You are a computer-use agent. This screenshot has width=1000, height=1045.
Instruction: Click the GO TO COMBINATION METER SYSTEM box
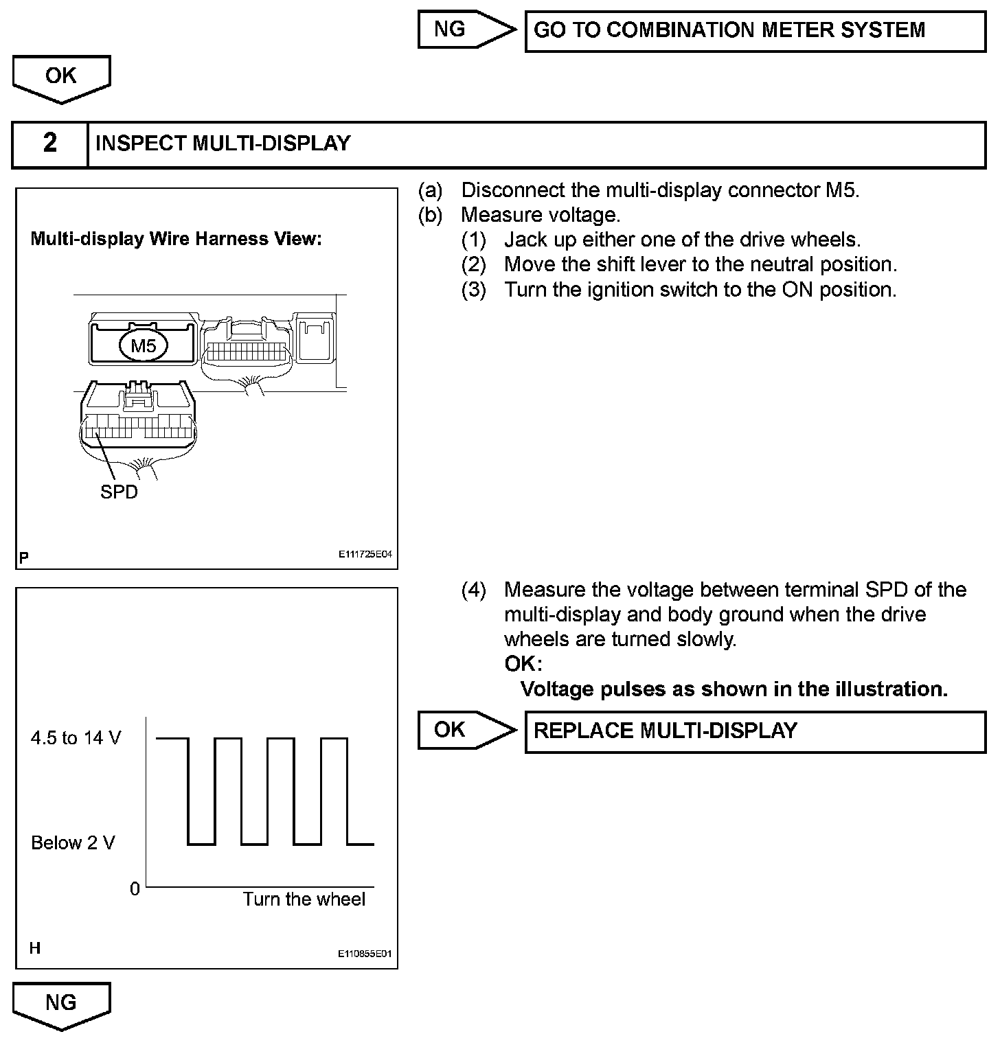pyautogui.click(x=755, y=31)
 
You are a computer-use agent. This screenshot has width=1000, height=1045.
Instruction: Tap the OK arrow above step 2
pyautogui.click(x=61, y=77)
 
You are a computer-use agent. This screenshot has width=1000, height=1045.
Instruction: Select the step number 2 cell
pyautogui.click(x=50, y=143)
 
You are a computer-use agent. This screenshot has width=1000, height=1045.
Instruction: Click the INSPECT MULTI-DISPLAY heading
pyautogui.click(x=223, y=143)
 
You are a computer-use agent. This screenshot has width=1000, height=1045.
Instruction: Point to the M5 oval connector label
pyautogui.click(x=144, y=346)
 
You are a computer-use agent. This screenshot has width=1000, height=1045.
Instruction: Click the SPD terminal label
pyautogui.click(x=119, y=492)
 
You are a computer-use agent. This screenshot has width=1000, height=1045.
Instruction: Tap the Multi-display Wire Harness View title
pyautogui.click(x=176, y=239)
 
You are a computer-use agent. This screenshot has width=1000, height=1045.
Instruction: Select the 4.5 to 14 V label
pyautogui.click(x=76, y=737)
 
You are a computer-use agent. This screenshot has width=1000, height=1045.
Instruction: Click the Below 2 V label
pyautogui.click(x=73, y=842)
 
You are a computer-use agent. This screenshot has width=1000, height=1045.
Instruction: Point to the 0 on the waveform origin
pyautogui.click(x=135, y=888)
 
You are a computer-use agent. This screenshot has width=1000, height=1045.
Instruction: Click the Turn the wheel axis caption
pyautogui.click(x=304, y=899)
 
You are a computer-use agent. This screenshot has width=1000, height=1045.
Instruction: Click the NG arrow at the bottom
pyautogui.click(x=61, y=1004)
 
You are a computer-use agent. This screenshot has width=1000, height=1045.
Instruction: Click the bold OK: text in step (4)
pyautogui.click(x=523, y=664)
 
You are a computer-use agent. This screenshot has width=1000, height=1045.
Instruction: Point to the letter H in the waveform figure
pyautogui.click(x=35, y=948)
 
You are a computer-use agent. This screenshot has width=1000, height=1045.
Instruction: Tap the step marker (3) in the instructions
pyautogui.click(x=473, y=290)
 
